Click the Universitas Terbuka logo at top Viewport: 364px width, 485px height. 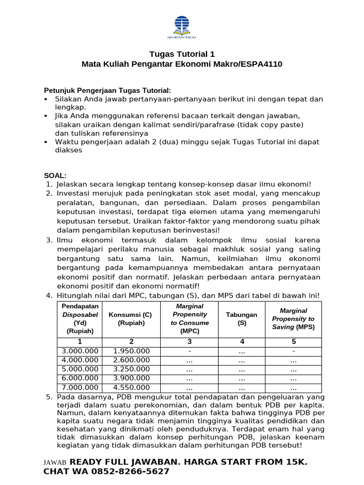[182, 26]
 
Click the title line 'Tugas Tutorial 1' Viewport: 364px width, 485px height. [182, 54]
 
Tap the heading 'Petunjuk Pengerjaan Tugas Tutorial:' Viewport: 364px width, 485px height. [107, 90]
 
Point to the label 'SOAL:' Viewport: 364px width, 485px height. [55, 175]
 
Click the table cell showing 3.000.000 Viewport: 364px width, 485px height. [80, 351]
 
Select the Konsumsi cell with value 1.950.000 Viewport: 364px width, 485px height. [132, 351]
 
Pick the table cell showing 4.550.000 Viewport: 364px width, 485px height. [132, 387]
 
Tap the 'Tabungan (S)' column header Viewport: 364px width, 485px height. [241, 319]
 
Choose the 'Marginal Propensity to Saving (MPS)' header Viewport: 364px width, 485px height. [293, 319]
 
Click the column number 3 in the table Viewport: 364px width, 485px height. [190, 341]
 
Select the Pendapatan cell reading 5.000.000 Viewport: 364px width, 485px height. [80, 369]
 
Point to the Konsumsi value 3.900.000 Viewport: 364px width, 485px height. [132, 378]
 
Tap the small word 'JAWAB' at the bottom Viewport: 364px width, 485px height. [55, 463]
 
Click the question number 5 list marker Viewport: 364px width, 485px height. [49, 396]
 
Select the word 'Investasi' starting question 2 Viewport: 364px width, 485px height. [73, 193]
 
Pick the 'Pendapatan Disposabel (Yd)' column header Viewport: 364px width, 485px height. [80, 319]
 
